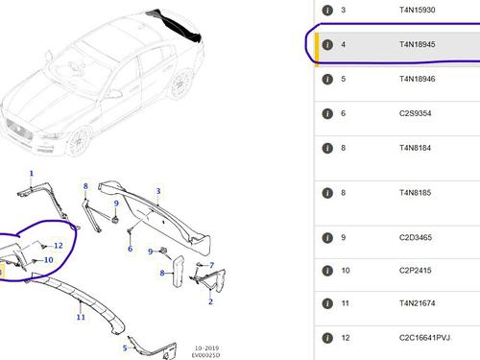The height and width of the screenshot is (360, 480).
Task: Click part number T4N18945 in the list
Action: pos(417,44)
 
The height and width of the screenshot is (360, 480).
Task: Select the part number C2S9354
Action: pos(415,113)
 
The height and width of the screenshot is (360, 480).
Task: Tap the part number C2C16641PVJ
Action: pos(424,338)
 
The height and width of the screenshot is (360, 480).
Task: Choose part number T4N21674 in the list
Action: pos(417,303)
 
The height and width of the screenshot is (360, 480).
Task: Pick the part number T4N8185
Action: pos(415,193)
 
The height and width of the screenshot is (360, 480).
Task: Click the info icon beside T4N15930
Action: pos(327,11)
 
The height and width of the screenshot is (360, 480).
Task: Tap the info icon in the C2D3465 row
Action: pos(327,238)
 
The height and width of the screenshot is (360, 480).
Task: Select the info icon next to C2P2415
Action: pos(327,271)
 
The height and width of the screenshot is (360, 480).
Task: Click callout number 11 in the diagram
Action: pos(81,317)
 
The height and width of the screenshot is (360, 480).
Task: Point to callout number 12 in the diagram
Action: pos(59,246)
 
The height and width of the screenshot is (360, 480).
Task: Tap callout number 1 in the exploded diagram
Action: pos(32,174)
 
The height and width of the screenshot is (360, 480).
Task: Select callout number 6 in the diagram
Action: pos(130,249)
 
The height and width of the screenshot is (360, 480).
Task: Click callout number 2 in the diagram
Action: pos(210,301)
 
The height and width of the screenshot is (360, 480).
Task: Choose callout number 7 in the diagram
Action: pos(212,265)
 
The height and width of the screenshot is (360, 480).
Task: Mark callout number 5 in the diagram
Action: pos(125,348)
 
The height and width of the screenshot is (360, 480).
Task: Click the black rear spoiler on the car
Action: pos(176,26)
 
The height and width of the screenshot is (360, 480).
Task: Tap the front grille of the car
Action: pos(19,129)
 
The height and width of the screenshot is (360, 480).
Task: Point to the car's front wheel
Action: pos(79,141)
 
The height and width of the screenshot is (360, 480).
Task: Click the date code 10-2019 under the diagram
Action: pos(207,348)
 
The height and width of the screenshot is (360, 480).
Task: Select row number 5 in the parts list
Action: pos(343,79)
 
